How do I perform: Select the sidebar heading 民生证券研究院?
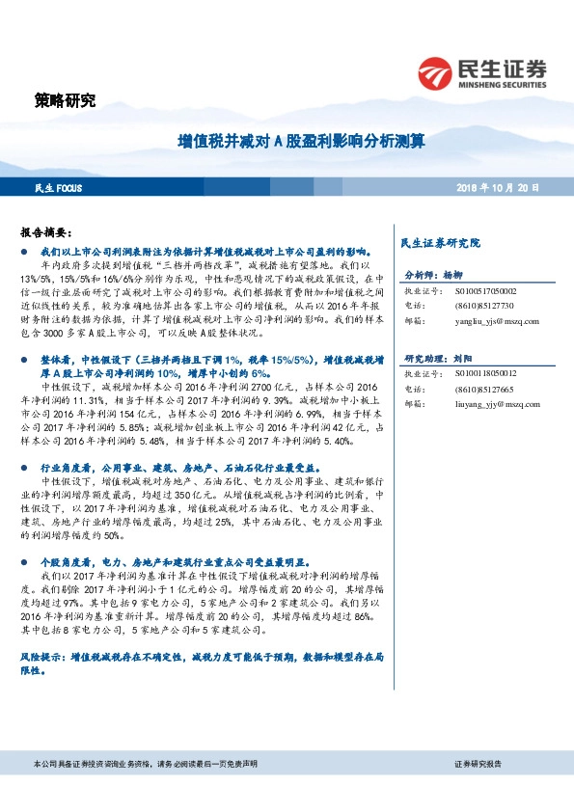pos(440,242)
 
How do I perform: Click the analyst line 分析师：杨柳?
pos(433,274)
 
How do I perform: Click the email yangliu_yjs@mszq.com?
pos(494,321)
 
